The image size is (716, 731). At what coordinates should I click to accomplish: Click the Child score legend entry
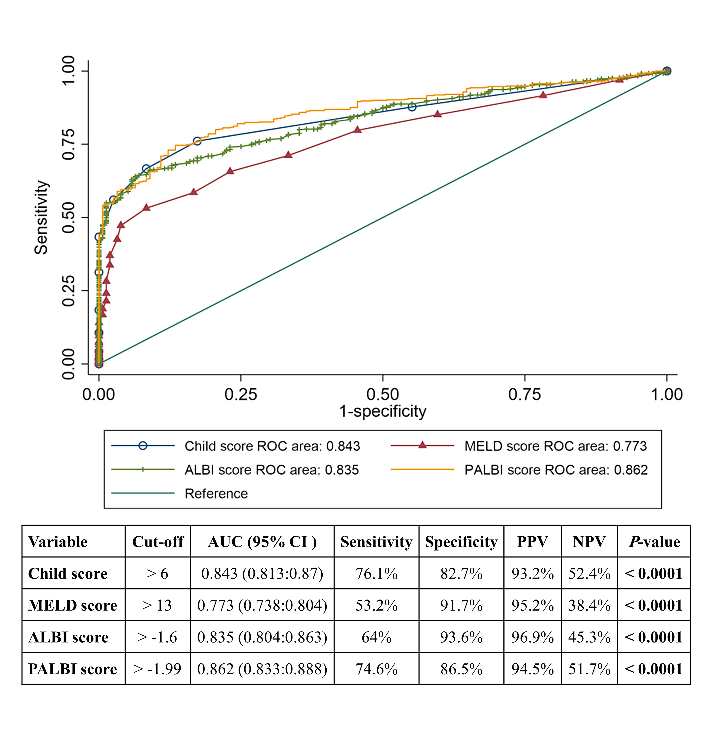(272, 446)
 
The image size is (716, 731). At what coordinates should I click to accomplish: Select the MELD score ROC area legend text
(555, 446)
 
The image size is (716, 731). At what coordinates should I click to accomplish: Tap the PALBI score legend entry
(556, 470)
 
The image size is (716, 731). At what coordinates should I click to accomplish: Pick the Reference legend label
(216, 493)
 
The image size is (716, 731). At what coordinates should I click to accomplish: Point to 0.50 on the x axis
(382, 394)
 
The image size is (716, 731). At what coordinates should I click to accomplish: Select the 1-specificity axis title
(382, 411)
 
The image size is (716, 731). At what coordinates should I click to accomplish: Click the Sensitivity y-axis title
(41, 217)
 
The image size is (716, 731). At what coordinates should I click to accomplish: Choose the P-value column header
(654, 542)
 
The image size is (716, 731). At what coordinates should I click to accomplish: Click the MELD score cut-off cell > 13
(157, 605)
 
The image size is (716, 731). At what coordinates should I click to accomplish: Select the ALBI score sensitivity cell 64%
(376, 637)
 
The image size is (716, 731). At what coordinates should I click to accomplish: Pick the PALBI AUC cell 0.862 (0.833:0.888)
(262, 669)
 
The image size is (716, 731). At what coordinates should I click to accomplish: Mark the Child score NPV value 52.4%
(589, 574)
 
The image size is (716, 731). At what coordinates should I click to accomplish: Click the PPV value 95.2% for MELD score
(533, 605)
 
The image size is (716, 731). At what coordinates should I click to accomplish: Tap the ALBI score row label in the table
(68, 637)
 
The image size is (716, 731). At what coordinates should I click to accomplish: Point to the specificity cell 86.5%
(461, 669)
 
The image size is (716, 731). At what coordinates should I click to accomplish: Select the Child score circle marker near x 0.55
(412, 107)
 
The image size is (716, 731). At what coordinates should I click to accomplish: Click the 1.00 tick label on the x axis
(666, 394)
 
